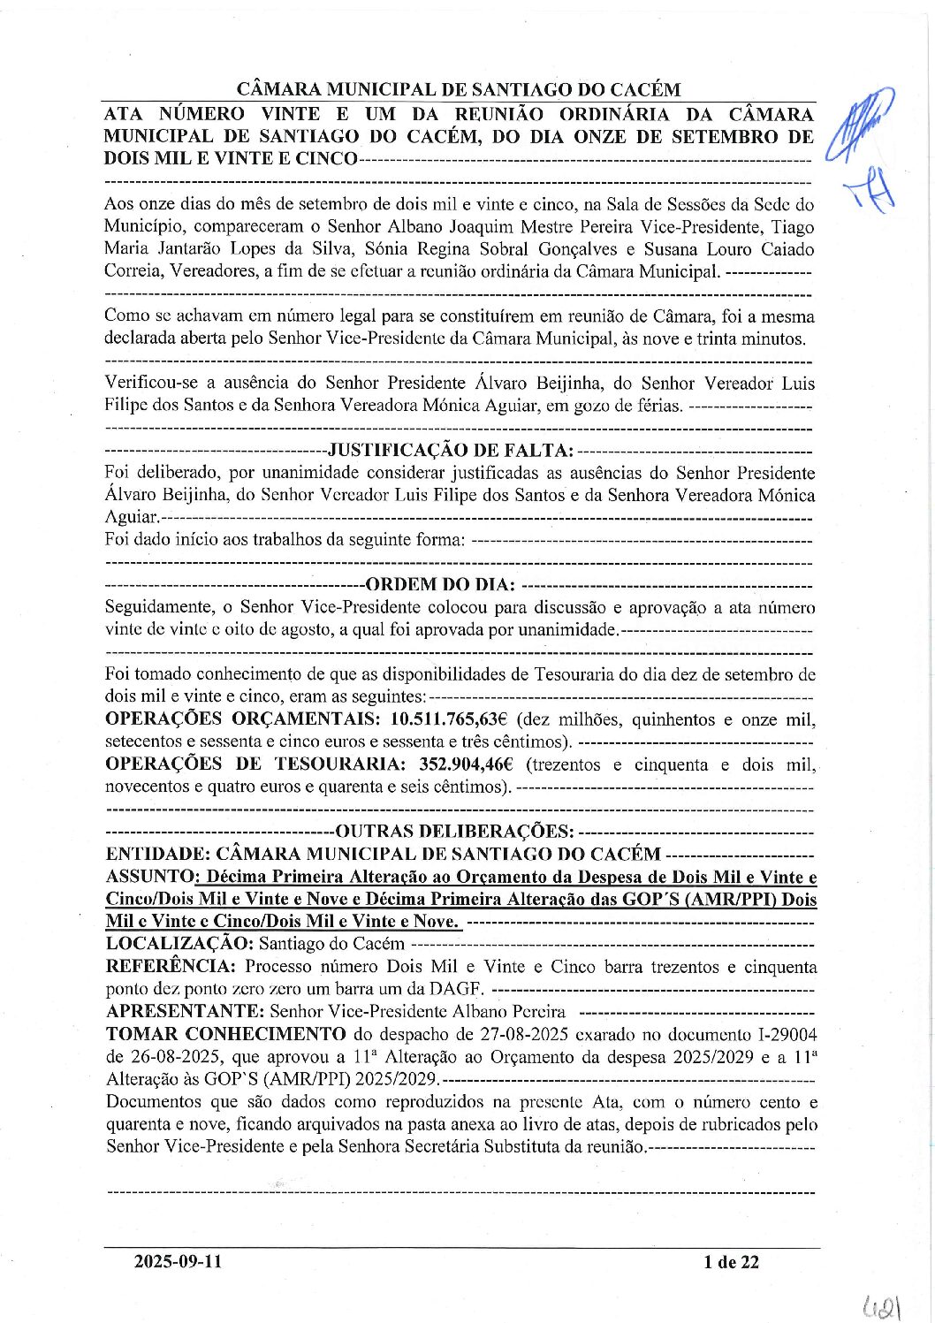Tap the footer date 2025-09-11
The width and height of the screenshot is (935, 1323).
click(x=178, y=1262)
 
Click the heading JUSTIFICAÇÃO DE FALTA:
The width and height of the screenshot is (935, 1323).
click(x=451, y=451)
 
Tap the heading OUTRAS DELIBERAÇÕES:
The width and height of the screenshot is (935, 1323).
click(x=454, y=832)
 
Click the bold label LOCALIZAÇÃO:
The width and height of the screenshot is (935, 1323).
click(x=180, y=944)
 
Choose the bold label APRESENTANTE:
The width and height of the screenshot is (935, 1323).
click(x=185, y=1011)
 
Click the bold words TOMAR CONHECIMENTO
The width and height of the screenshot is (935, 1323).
click(x=225, y=1033)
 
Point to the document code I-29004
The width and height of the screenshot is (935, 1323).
click(x=784, y=1034)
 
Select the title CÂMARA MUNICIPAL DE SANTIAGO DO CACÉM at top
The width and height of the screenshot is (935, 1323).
click(x=459, y=89)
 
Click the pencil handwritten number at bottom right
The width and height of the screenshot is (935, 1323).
click(x=883, y=1302)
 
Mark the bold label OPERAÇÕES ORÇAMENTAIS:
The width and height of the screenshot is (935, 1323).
click(x=243, y=719)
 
